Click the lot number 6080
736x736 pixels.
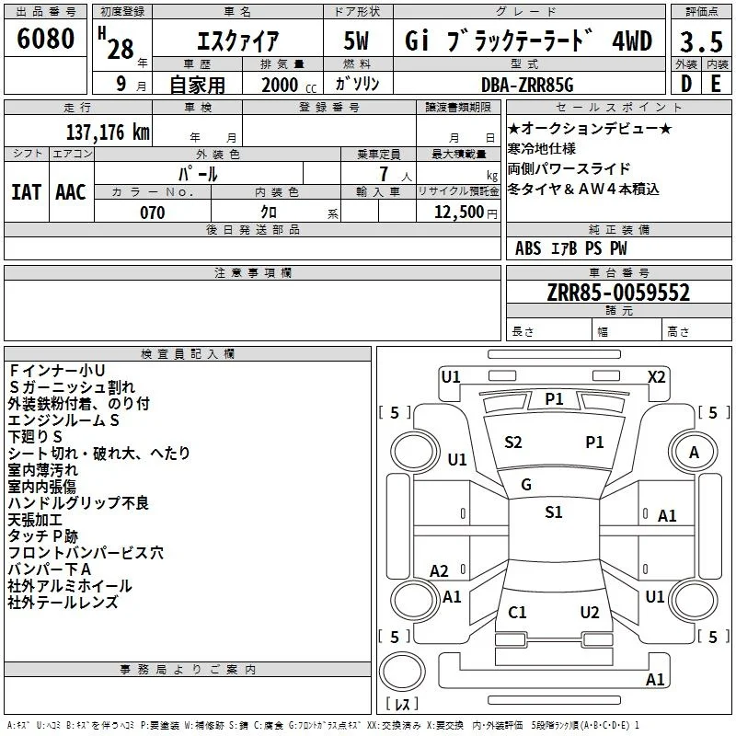click(45, 39)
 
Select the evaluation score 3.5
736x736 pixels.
click(701, 41)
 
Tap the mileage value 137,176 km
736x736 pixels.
click(108, 132)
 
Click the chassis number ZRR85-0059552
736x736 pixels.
click(618, 293)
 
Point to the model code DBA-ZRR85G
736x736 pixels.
click(527, 85)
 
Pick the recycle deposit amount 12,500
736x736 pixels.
click(458, 212)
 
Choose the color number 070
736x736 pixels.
click(152, 213)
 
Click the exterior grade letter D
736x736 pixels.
click(686, 84)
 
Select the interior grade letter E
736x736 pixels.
click(716, 84)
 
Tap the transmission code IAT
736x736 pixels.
click(26, 192)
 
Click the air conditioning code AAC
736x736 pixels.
click(71, 192)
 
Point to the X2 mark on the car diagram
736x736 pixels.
click(656, 377)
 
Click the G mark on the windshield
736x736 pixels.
click(526, 485)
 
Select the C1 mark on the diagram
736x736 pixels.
click(517, 612)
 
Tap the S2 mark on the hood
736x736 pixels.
click(513, 443)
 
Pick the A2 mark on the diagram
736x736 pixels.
click(439, 570)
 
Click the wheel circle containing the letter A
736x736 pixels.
click(693, 453)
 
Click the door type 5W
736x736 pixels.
click(356, 40)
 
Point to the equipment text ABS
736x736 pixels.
click(528, 248)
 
